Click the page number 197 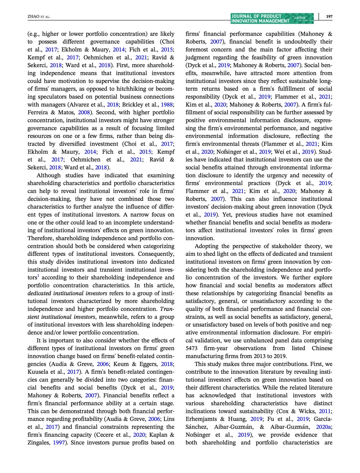point(329,16)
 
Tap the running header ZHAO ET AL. point(39,17)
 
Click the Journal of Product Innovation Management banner point(272,18)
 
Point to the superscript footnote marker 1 point(38,276)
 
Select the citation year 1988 point(167,105)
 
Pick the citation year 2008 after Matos point(84,113)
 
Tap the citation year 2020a point(323,427)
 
